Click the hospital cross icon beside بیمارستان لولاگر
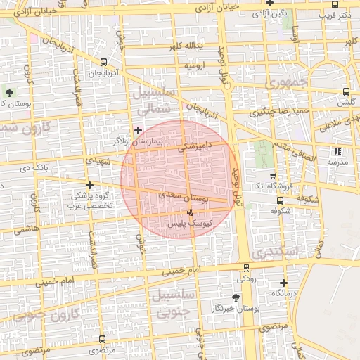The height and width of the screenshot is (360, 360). [138, 130]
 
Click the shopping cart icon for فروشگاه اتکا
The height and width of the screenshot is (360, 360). [273, 176]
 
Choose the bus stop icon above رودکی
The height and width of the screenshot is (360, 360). [245, 268]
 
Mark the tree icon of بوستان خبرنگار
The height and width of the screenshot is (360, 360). [236, 298]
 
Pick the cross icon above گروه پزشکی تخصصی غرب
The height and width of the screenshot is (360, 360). [89, 185]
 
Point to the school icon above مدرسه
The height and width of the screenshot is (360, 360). [337, 151]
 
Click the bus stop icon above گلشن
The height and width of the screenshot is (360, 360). [346, 91]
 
